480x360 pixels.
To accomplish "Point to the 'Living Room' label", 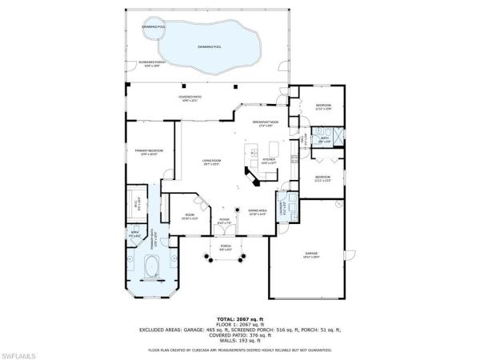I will pos(210,162).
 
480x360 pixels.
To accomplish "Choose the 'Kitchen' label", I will pos(269,161).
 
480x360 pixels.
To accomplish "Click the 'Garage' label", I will pos(310,257).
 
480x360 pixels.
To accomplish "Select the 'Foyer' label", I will pos(224,222).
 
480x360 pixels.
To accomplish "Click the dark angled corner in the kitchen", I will pos(255,178).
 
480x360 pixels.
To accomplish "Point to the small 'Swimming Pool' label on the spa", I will pos(152,26).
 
